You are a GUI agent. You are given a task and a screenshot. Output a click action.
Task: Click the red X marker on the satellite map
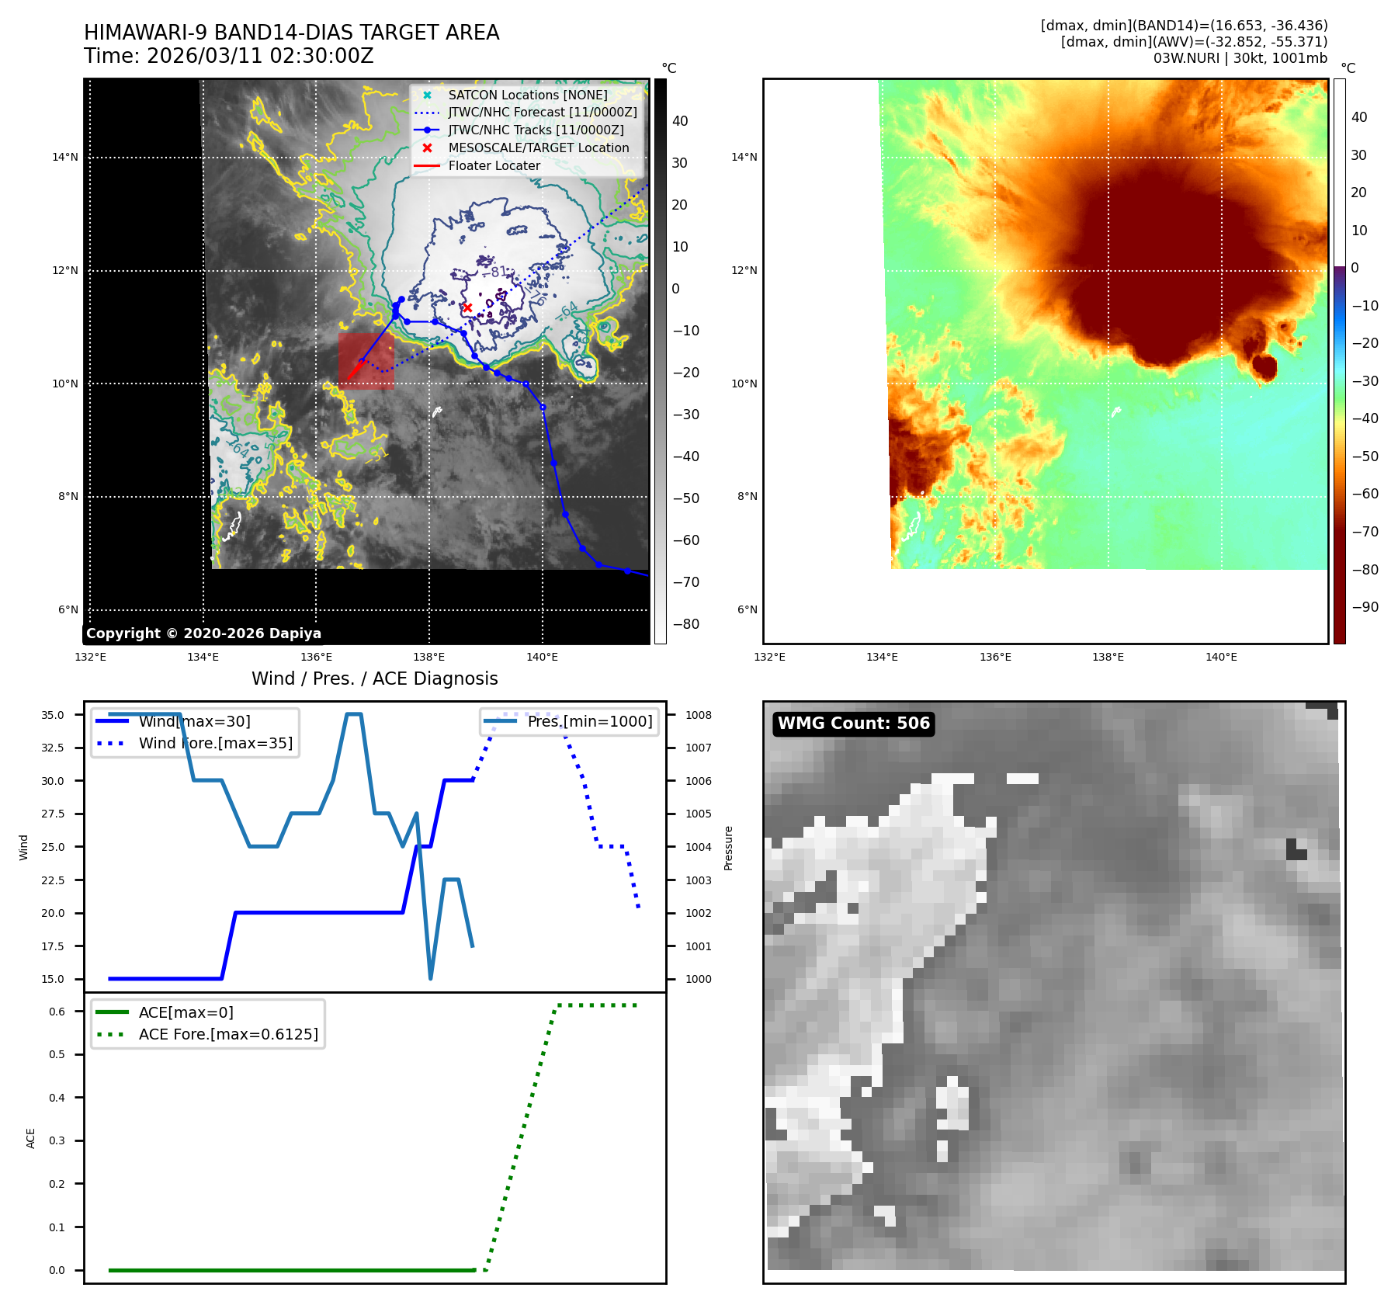coord(467,307)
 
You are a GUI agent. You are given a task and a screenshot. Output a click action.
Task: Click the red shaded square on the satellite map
coord(366,361)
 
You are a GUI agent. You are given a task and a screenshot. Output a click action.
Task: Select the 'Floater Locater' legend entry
coord(494,165)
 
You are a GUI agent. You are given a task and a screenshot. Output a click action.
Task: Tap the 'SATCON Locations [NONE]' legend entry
coord(527,95)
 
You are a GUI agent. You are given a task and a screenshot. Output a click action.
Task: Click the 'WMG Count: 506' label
coord(853,724)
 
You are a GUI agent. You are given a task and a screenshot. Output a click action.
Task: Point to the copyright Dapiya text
coord(203,633)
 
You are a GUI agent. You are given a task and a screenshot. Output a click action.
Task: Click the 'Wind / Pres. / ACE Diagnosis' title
coord(374,679)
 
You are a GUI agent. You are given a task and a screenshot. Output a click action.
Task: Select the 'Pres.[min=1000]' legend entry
coord(589,721)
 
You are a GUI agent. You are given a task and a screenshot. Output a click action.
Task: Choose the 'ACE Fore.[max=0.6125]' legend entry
coord(228,1034)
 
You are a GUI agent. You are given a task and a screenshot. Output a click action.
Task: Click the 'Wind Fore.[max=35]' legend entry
coord(215,743)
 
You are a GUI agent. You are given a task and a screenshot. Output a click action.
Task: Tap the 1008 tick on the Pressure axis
coord(698,715)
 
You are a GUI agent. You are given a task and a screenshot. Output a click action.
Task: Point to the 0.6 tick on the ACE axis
coord(57,1012)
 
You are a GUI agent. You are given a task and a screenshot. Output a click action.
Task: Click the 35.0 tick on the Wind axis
coord(53,715)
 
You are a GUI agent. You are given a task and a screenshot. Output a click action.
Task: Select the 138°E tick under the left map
coord(428,657)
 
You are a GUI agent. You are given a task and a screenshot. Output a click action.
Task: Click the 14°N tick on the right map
coord(744,158)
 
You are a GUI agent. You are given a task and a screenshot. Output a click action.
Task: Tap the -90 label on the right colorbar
coord(1365,607)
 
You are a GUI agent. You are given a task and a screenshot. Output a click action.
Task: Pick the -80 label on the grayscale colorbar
coord(685,624)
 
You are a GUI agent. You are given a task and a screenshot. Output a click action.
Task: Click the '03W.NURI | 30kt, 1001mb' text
coord(1240,58)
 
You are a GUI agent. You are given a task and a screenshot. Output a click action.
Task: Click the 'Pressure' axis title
coord(728,848)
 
